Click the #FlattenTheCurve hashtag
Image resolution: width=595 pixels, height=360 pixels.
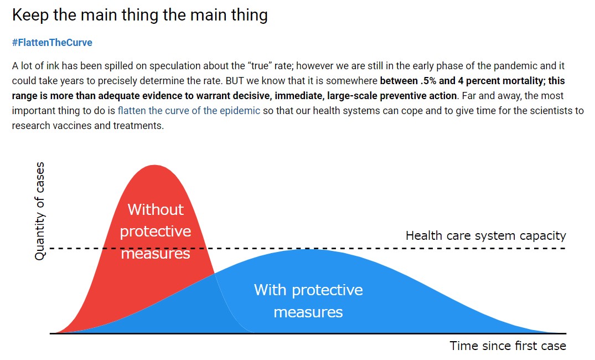coord(52,42)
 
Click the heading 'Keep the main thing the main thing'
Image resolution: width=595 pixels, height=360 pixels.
coord(139,15)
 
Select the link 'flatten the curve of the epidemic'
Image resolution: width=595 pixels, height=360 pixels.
coord(189,111)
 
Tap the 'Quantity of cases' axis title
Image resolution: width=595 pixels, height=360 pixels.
coord(39,211)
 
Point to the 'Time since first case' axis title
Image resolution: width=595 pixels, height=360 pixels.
coord(508,346)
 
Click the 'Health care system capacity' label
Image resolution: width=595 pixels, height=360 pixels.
coord(486,235)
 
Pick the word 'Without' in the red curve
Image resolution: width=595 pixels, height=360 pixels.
coord(156,209)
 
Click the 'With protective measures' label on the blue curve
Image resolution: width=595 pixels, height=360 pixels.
coord(308,301)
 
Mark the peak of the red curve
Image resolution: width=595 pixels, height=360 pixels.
coord(154,165)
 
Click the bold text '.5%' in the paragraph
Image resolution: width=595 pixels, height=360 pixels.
coord(428,80)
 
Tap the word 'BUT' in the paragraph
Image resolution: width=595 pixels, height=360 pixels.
coord(235,80)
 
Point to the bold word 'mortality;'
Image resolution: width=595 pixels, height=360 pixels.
coord(525,80)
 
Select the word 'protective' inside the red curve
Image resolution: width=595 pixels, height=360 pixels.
coord(156,232)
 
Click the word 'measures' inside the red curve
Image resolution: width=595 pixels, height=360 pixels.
coord(156,253)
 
